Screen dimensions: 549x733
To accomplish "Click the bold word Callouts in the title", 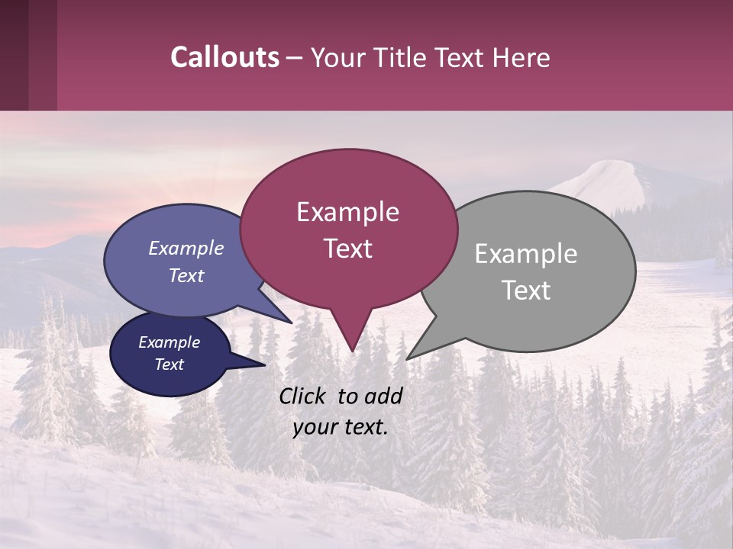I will [x=224, y=57].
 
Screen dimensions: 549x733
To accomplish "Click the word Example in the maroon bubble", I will [x=347, y=212].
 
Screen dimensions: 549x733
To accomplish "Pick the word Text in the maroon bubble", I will [x=347, y=249].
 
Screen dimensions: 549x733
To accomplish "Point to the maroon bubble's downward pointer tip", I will [x=352, y=351].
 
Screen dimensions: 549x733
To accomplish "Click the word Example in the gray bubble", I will [x=526, y=254].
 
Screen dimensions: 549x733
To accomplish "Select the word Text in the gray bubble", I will [x=526, y=291].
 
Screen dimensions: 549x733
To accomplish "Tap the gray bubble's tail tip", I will [x=407, y=358].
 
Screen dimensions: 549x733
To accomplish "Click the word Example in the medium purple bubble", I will [x=186, y=248].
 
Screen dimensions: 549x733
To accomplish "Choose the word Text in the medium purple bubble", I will [x=186, y=275].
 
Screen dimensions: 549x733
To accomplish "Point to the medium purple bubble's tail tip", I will [x=291, y=323].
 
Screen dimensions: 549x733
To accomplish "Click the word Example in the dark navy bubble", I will [x=170, y=342].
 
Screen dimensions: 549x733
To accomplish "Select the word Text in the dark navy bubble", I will [x=170, y=364].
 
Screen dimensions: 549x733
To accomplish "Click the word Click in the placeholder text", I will [x=304, y=396].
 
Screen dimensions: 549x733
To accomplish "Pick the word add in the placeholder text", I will [x=384, y=396].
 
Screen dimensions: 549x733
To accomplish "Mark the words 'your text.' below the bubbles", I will [x=341, y=428].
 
